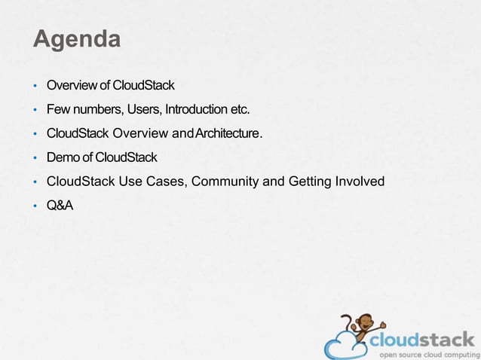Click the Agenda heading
tap(76, 38)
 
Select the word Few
tap(58, 110)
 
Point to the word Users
tap(143, 110)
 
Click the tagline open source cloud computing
tap(427, 354)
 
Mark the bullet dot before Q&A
tap(35, 206)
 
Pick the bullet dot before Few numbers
tap(35, 111)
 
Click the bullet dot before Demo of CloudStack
tap(35, 158)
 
